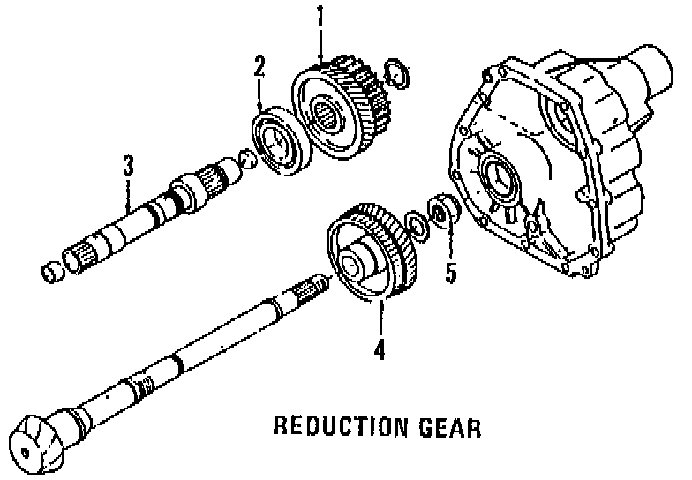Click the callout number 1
320,17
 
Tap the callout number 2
259,65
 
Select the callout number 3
129,165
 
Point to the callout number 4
380,349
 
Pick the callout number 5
451,273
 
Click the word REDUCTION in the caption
326,429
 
